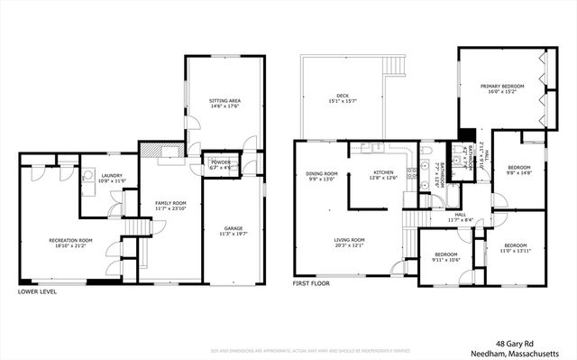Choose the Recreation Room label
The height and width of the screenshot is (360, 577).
click(70, 243)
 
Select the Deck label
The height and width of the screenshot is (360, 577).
click(343, 97)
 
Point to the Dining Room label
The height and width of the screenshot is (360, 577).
click(321, 176)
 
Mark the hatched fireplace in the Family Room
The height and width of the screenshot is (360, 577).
click(153, 151)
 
